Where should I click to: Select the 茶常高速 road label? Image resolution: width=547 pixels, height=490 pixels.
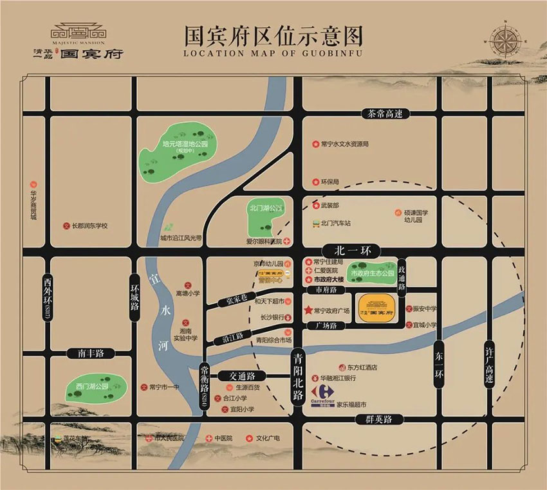385,114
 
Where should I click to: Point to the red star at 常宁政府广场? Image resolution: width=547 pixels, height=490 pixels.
308,311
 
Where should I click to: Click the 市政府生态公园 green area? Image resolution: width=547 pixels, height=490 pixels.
371,273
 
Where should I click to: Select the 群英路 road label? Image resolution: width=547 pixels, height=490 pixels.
379,419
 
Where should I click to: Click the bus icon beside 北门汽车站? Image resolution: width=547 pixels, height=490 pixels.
315,224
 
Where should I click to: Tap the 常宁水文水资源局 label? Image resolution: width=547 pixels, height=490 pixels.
344,144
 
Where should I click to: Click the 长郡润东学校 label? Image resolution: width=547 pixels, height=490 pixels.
89,226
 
